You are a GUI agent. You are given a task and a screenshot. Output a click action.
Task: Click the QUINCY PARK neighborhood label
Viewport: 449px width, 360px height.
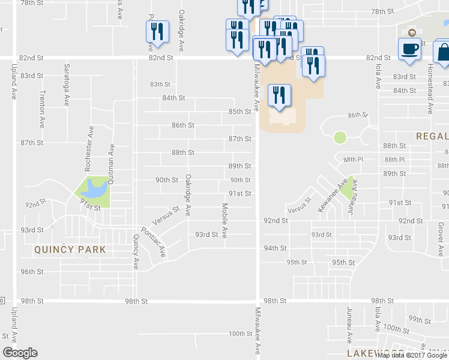70,250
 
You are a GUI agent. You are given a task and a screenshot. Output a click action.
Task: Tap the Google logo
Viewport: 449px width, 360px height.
20,353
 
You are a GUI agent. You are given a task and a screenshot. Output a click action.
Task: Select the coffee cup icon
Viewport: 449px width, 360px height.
410,49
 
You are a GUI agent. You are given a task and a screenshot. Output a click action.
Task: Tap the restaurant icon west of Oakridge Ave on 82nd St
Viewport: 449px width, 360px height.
157,32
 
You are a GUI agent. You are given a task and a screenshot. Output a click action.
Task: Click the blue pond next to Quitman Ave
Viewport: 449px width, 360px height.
95,189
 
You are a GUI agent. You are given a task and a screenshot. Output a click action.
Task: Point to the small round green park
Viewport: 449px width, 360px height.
340,137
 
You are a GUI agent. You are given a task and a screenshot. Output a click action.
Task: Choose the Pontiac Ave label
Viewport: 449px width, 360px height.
153,242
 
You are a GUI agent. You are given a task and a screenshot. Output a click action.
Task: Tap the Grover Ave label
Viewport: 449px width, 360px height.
441,236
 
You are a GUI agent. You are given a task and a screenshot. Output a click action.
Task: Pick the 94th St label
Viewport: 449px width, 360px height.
276,248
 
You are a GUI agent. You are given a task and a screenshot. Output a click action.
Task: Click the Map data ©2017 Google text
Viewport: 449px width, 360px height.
412,355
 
